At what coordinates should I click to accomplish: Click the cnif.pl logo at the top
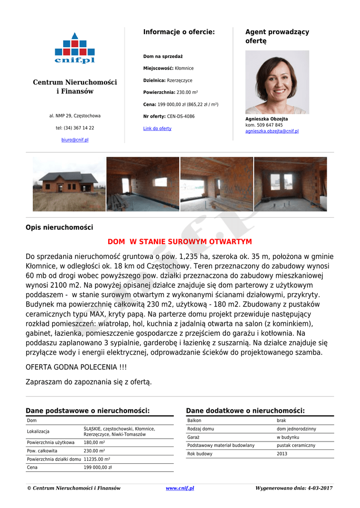(74, 48)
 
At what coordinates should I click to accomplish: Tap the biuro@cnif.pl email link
(75, 140)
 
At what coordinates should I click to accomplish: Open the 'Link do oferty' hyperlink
(157, 128)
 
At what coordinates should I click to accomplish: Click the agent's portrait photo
(277, 82)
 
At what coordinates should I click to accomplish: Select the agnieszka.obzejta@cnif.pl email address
(272, 131)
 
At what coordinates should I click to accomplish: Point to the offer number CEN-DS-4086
(181, 117)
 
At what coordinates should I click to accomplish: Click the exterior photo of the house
(69, 184)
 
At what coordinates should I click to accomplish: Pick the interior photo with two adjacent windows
(290, 184)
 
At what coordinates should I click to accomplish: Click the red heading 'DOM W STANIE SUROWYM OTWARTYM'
(180, 242)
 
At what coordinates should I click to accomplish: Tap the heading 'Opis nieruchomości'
(59, 227)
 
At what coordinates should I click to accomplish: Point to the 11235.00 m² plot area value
(97, 459)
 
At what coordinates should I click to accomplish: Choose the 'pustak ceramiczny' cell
(296, 445)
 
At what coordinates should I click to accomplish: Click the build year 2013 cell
(282, 454)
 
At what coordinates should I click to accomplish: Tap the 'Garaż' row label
(194, 437)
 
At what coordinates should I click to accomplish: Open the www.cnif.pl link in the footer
(180, 488)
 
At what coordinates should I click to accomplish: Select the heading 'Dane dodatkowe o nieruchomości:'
(245, 411)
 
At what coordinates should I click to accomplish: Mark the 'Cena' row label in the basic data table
(32, 467)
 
